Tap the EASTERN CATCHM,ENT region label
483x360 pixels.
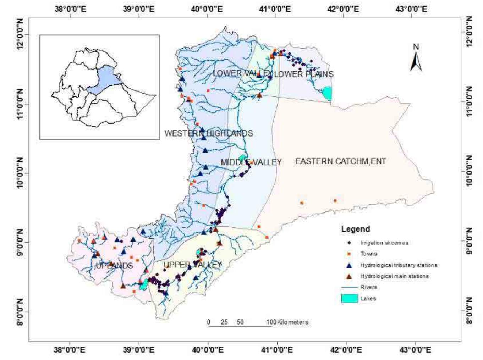340,161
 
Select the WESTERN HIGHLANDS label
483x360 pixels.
208,133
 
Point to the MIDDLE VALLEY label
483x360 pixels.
251,162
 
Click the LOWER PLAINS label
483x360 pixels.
304,74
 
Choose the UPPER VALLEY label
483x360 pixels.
192,265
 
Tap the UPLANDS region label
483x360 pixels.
114,266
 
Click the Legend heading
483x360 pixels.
355,229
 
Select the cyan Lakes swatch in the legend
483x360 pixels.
349,298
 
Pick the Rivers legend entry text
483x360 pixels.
369,287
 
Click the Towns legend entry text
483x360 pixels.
369,254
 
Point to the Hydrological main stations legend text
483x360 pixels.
394,276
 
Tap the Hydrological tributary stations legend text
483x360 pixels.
399,265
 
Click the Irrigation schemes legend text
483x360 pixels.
384,243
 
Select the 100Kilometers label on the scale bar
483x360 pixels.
287,322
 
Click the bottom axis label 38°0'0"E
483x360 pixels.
70,350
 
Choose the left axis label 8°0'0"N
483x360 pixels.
20,312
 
